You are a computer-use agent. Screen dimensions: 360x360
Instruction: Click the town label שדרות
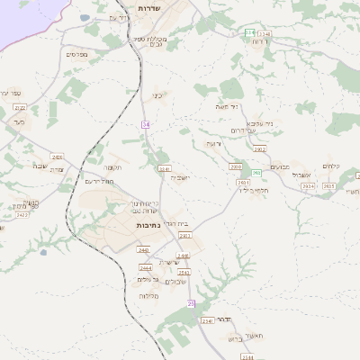tap(148, 7)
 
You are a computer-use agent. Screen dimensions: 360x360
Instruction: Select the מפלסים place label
tap(76, 54)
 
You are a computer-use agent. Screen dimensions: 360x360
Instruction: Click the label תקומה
tap(112, 167)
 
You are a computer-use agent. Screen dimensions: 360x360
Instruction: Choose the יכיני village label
tap(157, 94)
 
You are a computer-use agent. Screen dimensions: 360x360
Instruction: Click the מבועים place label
tap(279, 166)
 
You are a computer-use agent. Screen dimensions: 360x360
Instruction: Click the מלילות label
tap(149, 296)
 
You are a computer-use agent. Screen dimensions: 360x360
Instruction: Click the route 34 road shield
tap(144, 123)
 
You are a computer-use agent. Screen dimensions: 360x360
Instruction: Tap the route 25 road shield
tap(191, 303)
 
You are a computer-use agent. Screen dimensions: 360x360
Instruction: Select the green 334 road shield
tap(249, 32)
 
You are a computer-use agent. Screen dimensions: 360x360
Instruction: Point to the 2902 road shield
tap(260, 149)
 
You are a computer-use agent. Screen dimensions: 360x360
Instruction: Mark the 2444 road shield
tap(145, 268)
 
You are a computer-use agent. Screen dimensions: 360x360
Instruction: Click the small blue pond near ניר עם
tap(85, 17)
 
